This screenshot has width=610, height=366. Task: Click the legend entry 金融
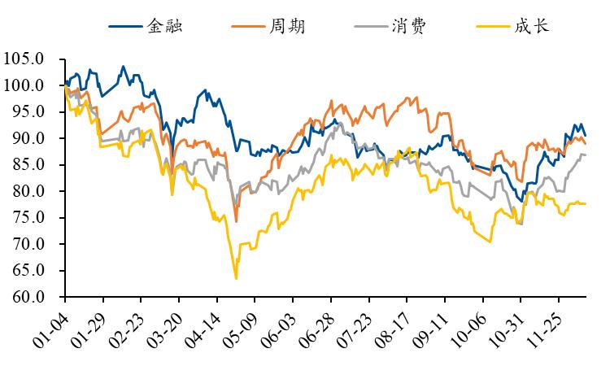(x=164, y=25)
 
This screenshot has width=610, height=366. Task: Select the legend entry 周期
(x=285, y=25)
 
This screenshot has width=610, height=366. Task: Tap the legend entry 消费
(x=408, y=25)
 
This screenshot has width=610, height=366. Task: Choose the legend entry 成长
(x=531, y=25)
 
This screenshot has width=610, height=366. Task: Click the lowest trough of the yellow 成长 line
(x=236, y=279)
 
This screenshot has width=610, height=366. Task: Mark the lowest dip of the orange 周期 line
(x=236, y=221)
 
